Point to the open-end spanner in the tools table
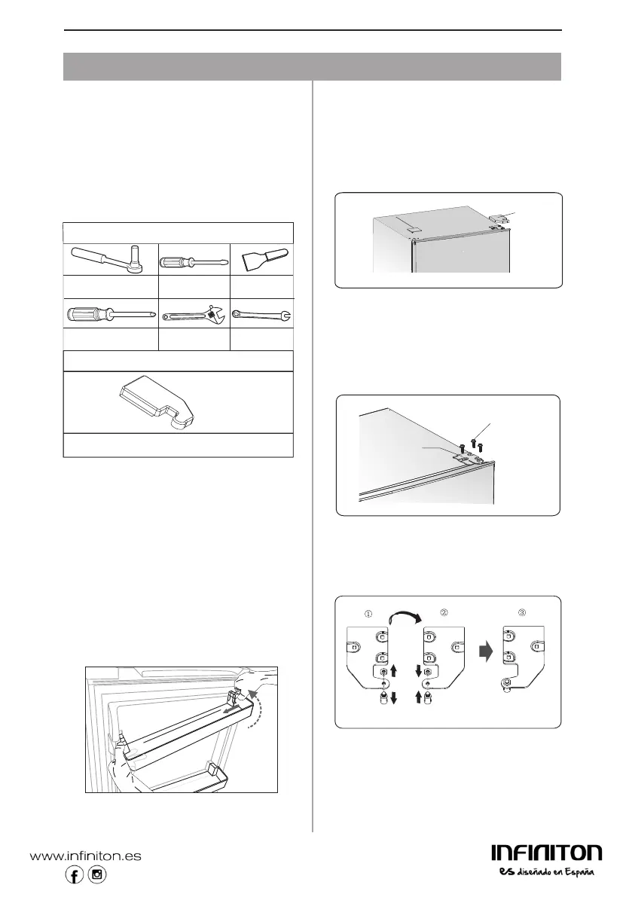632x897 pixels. click(262, 313)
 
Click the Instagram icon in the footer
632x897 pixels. click(97, 874)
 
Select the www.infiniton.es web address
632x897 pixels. click(85, 856)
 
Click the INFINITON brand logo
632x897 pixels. click(546, 853)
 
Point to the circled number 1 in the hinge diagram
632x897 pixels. click(368, 612)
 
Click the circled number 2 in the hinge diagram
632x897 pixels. click(444, 612)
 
